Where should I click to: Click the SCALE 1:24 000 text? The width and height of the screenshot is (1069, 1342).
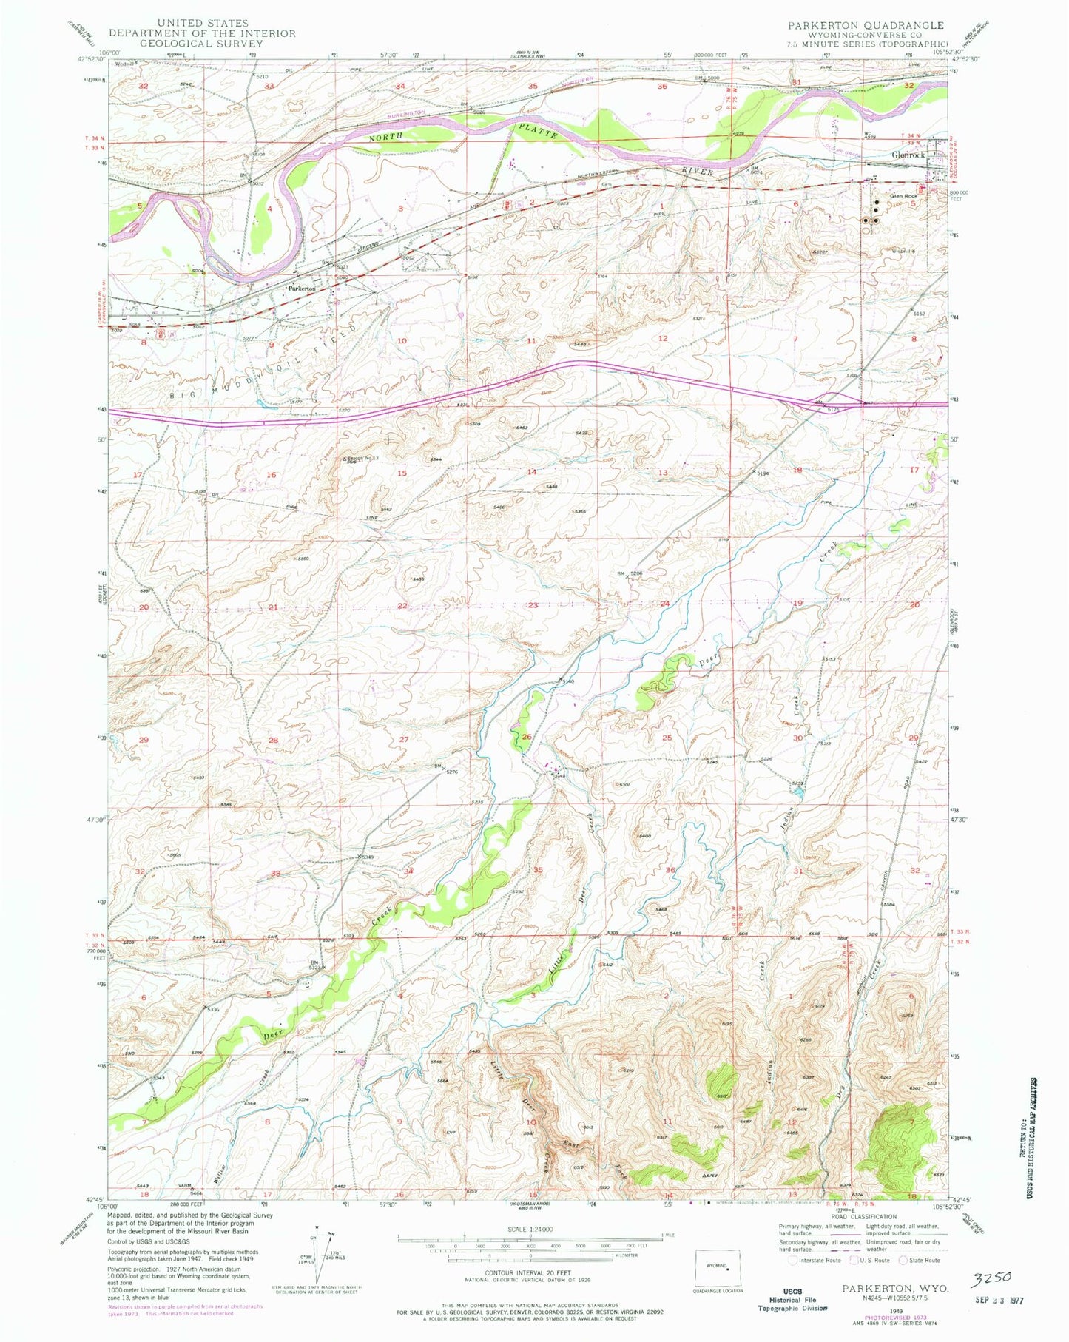click(x=530, y=1229)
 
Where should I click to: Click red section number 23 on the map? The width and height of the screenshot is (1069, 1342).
click(x=533, y=605)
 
